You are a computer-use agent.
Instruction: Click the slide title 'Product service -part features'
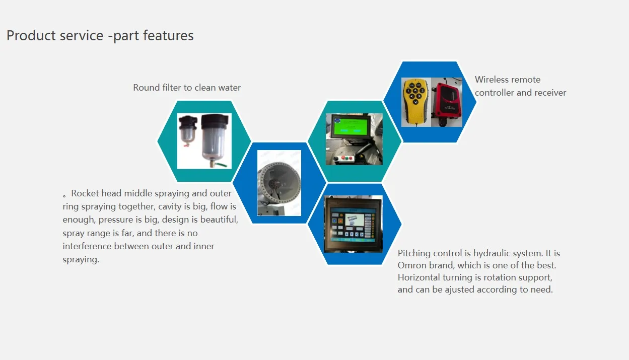pyautogui.click(x=100, y=36)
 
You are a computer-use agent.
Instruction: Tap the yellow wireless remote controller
pyautogui.click(x=416, y=101)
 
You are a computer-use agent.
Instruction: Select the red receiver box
pyautogui.click(x=447, y=103)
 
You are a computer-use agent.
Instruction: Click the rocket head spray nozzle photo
pyautogui.click(x=279, y=183)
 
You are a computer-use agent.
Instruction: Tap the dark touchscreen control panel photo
pyautogui.click(x=353, y=224)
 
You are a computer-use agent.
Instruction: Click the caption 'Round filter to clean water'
pyautogui.click(x=187, y=88)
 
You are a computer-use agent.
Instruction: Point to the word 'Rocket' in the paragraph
pyautogui.click(x=85, y=193)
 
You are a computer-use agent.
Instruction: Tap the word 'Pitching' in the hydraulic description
pyautogui.click(x=414, y=254)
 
